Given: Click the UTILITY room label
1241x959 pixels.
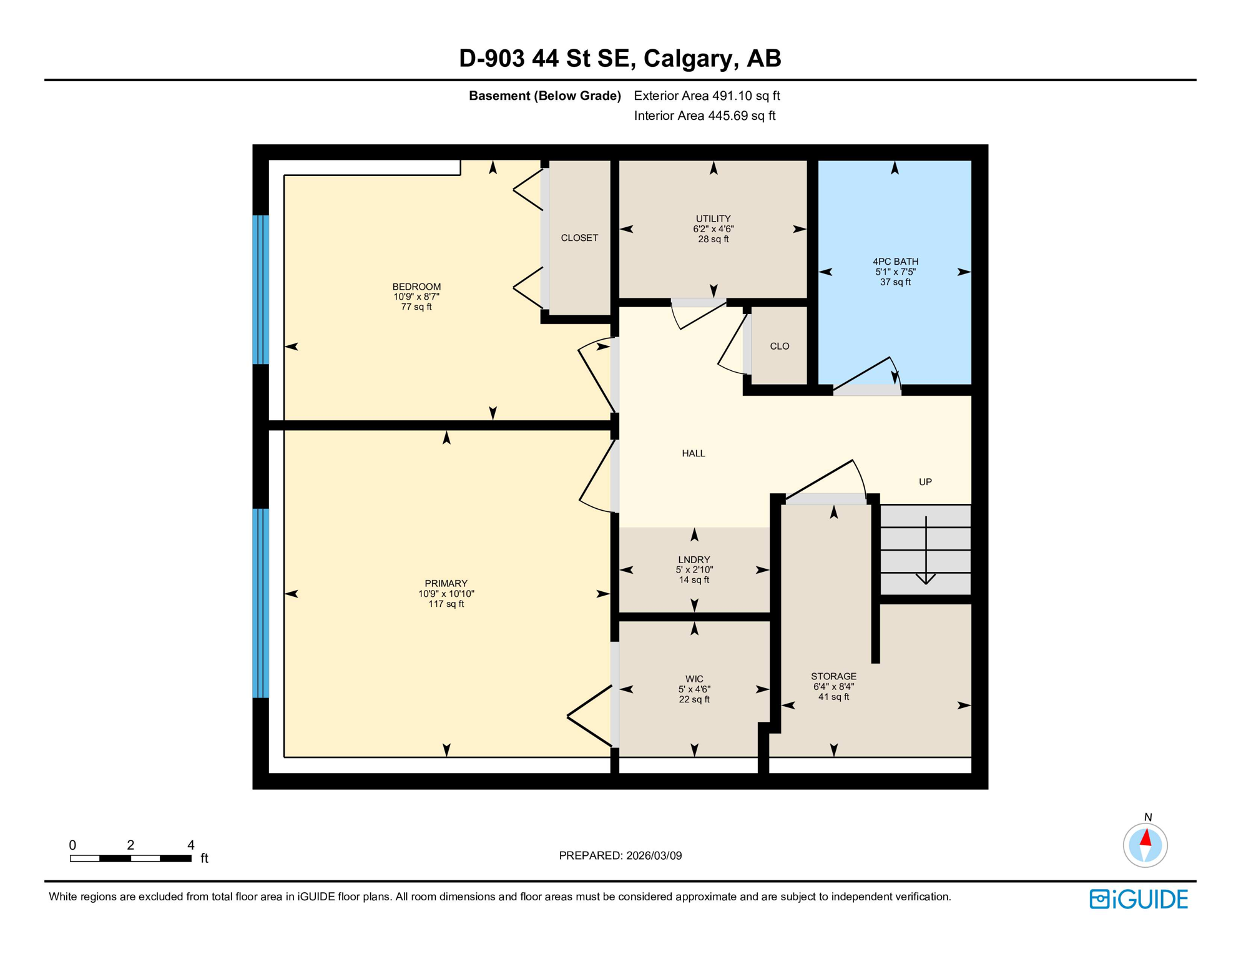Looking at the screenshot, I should [x=713, y=219].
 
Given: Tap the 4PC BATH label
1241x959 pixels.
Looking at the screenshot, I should [x=895, y=262].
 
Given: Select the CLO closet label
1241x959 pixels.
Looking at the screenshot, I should [x=780, y=346].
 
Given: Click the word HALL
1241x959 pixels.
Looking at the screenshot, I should [x=694, y=453].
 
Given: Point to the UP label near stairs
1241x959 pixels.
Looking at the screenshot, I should [x=925, y=482].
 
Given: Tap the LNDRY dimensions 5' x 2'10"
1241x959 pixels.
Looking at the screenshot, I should [x=694, y=570].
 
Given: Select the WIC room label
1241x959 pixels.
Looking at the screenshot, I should [x=694, y=679].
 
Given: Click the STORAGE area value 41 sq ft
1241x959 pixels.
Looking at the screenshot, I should [x=833, y=697].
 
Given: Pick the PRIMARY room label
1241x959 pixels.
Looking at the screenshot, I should [x=446, y=584].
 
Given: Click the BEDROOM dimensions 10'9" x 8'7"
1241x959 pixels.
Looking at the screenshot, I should [x=416, y=297].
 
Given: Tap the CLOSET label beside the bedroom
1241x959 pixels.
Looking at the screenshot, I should [x=579, y=238].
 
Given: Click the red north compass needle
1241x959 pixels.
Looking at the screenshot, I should [x=1146, y=838].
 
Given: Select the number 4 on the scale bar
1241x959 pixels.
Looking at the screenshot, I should [x=191, y=845].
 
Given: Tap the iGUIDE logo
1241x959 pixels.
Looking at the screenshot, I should [x=1139, y=900].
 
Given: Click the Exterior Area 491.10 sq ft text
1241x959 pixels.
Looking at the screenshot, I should [x=707, y=96].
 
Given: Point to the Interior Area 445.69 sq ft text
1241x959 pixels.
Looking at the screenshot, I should [x=704, y=116].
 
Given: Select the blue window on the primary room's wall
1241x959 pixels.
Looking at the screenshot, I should [x=261, y=602].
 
